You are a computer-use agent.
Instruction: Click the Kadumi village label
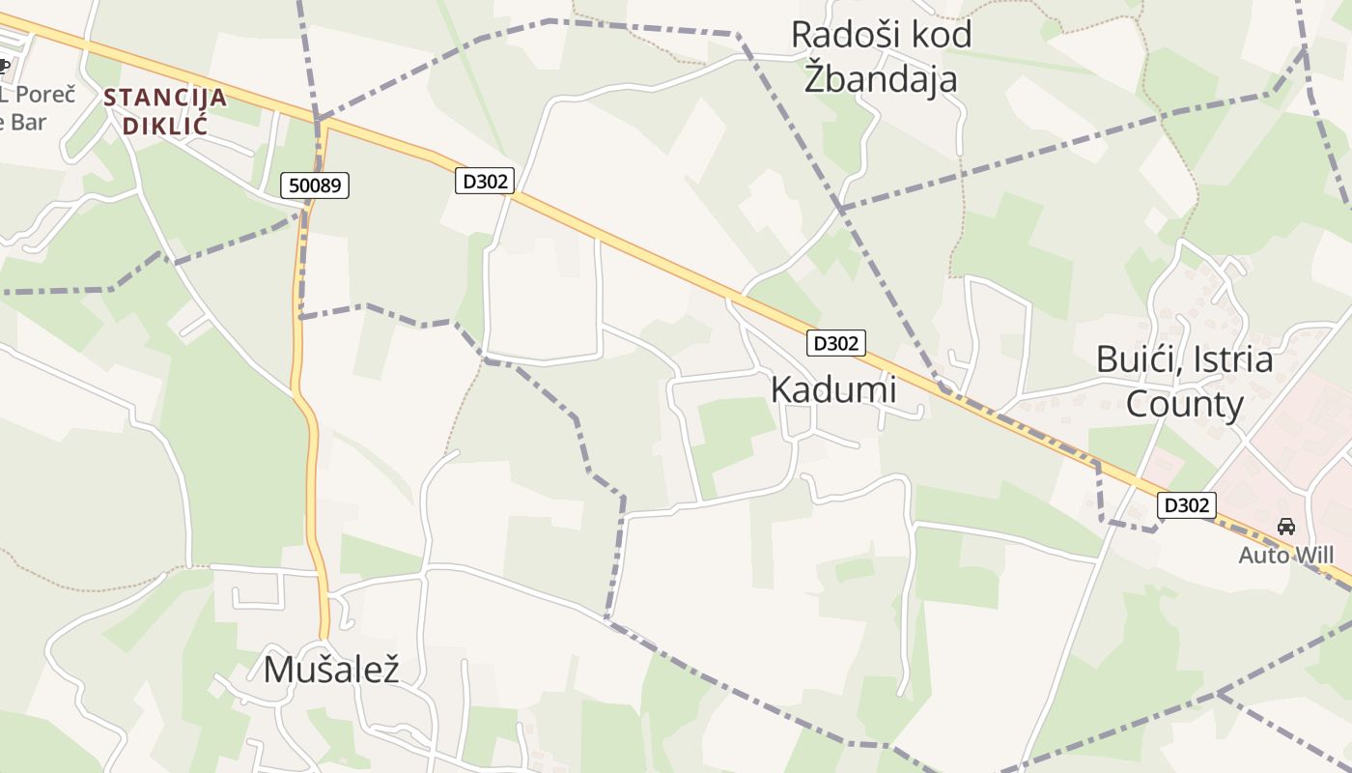click(x=833, y=388)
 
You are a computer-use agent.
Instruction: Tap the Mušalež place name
click(x=331, y=669)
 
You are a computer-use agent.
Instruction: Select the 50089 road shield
click(x=315, y=186)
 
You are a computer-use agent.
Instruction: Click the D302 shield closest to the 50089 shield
click(x=485, y=181)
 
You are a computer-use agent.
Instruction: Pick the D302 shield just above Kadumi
click(x=836, y=343)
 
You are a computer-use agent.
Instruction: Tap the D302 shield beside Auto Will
click(x=1186, y=504)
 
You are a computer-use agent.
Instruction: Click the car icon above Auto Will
click(x=1286, y=527)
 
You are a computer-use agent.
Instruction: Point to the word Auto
click(x=1264, y=555)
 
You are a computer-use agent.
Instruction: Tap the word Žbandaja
click(x=881, y=77)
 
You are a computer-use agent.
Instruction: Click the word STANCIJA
click(x=165, y=98)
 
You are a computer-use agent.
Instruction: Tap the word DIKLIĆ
click(x=165, y=126)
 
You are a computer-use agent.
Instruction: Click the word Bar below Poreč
click(x=29, y=122)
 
